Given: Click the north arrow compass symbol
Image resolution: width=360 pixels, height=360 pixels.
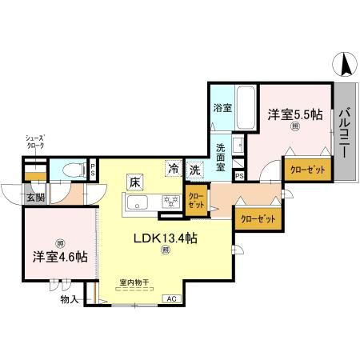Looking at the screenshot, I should (x=344, y=65).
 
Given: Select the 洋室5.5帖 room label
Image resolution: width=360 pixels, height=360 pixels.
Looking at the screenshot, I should (x=295, y=115).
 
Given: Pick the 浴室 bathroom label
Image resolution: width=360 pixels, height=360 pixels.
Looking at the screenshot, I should (x=222, y=108).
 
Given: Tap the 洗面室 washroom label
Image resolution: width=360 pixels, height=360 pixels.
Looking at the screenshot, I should (x=222, y=158).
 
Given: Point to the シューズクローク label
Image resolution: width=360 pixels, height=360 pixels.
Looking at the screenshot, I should (x=35, y=142).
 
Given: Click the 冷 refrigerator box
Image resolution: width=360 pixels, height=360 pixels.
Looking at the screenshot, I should (x=173, y=169).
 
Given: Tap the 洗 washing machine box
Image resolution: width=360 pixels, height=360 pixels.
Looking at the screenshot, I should (x=194, y=169).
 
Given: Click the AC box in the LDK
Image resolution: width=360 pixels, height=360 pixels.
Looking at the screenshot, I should (x=170, y=298).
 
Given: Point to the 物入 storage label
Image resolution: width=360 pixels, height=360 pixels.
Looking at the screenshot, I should (x=70, y=299).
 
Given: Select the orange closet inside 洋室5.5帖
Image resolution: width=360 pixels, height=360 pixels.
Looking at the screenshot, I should (x=306, y=170).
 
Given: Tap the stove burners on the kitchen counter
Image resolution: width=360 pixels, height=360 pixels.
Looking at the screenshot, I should (x=169, y=201).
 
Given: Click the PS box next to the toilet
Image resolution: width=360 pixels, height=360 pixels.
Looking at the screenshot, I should (x=93, y=170).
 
